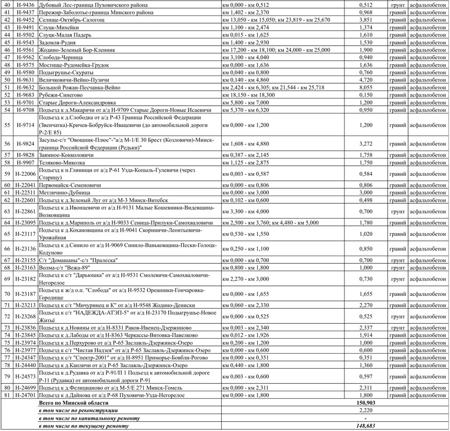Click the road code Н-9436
pyautogui.click(x=26, y=4)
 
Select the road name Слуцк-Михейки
pyautogui.click(x=56, y=27)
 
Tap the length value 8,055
pyautogui.click(x=365, y=87)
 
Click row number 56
pyautogui.click(x=7, y=144)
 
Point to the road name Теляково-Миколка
pyautogui.click(x=62, y=162)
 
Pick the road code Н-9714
pyautogui.click(x=26, y=125)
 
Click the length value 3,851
pyautogui.click(x=365, y=19)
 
